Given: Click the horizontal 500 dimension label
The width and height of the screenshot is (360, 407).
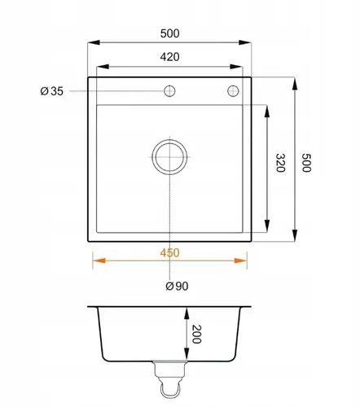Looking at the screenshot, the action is pyautogui.click(x=169, y=33).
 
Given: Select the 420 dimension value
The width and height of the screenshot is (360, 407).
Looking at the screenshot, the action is pyautogui.click(x=169, y=57).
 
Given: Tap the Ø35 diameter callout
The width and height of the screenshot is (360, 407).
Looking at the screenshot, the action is pyautogui.click(x=51, y=91).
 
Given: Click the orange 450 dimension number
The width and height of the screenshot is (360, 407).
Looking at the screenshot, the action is pyautogui.click(x=169, y=253).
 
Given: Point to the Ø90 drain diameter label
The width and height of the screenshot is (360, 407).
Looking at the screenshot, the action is pyautogui.click(x=177, y=286).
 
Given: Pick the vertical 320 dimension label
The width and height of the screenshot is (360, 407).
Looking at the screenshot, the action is pyautogui.click(x=280, y=163).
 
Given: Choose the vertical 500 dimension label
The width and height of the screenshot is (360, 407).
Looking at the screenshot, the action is pyautogui.click(x=306, y=163).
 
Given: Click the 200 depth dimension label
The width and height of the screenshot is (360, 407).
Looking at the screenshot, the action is pyautogui.click(x=196, y=334).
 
